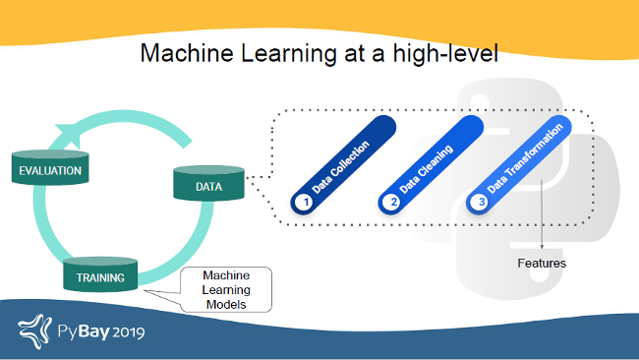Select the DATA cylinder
[x=208, y=184]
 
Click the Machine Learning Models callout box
[x=226, y=289]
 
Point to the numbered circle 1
[x=305, y=202]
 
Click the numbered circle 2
[x=393, y=202]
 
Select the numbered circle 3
[x=481, y=202]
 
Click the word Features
[x=542, y=263]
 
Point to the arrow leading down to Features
[x=542, y=221]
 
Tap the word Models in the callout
[x=226, y=305]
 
